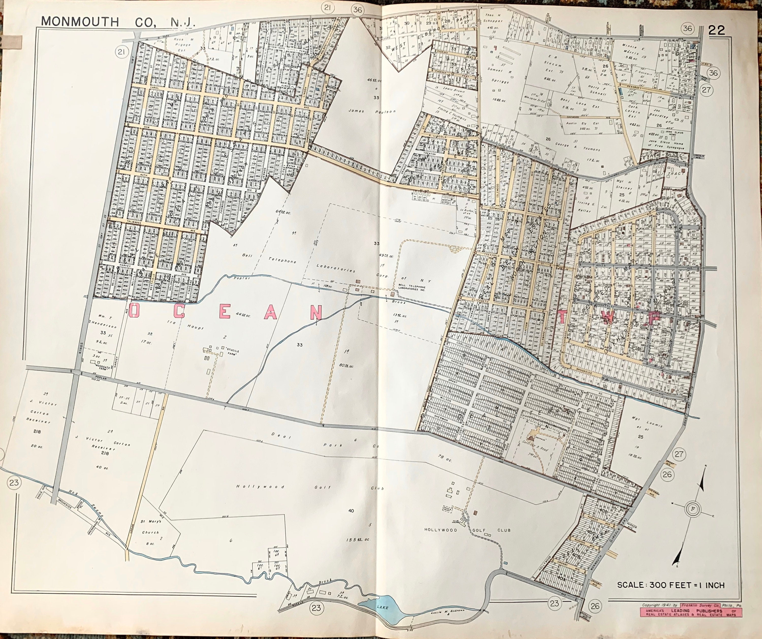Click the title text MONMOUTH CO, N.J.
[118, 22]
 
